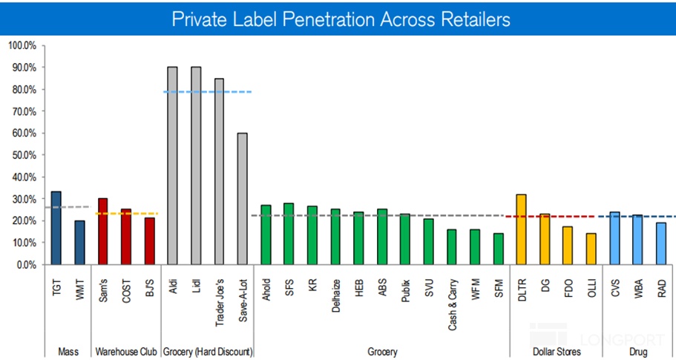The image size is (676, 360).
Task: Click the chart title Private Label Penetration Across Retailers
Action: pos(341,19)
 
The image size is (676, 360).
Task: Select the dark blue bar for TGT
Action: pos(56,228)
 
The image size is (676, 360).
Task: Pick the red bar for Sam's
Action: pos(102,232)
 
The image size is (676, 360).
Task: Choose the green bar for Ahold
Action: pos(266,235)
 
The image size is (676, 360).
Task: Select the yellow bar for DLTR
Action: pos(521,229)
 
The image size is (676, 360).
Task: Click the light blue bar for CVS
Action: pos(614,238)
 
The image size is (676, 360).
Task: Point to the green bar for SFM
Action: pos(498,249)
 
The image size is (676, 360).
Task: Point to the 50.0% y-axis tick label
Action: pos(22,155)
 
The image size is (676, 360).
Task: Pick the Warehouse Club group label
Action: pos(125,351)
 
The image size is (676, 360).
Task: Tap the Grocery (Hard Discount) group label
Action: pos(207,351)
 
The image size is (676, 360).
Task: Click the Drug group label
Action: pos(637,351)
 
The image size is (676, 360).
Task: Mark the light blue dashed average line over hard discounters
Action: pos(208,92)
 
